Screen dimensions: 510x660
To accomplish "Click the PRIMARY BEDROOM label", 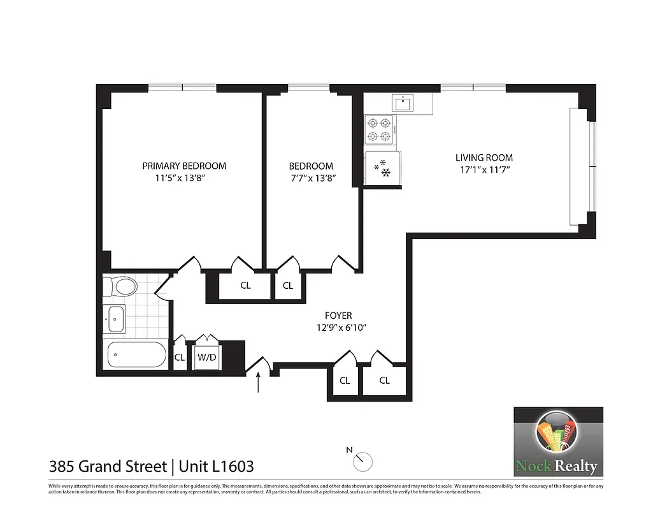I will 184,166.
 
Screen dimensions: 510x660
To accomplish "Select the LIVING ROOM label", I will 484,157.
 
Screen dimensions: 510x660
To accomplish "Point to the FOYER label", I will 338,316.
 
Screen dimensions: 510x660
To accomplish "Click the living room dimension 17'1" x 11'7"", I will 484,170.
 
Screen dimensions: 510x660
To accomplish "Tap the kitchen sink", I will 403,103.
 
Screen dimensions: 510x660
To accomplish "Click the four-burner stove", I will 379,130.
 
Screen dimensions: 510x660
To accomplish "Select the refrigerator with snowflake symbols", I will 381,168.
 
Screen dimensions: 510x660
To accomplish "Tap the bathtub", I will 136,354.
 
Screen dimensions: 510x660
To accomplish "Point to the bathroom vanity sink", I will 116,318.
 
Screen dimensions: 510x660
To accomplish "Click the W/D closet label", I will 206,358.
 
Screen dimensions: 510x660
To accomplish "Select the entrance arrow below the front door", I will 258,382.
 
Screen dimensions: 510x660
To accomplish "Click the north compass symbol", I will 363,457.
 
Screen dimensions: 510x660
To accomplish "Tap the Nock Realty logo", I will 558,442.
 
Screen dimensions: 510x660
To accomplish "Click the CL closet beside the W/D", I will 180,358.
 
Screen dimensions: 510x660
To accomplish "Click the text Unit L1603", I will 216,466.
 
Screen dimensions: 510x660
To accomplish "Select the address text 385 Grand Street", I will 108,466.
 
